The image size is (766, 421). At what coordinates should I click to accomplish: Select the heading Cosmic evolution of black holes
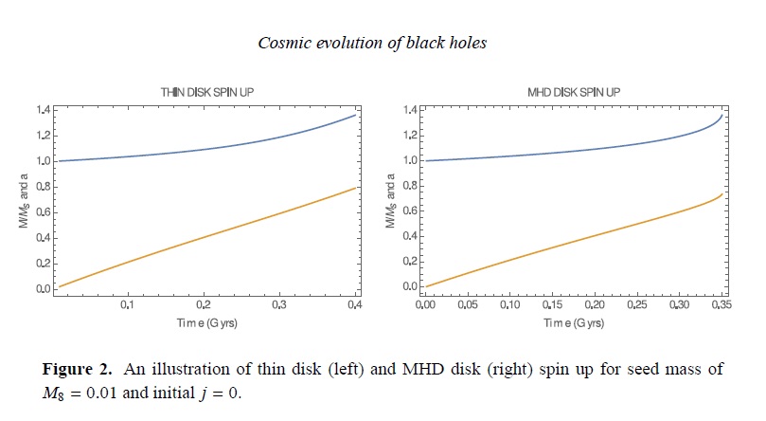(383, 42)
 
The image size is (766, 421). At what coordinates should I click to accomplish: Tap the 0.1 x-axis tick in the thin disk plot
(128, 305)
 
